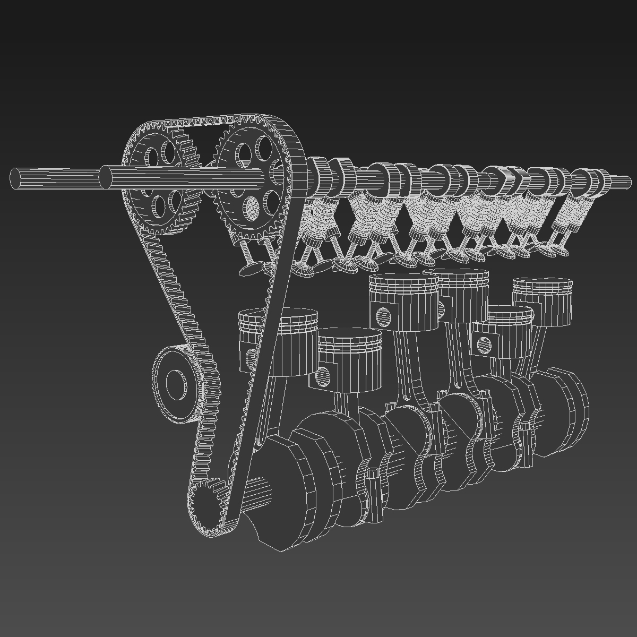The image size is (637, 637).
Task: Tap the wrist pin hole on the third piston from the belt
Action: click(382, 316)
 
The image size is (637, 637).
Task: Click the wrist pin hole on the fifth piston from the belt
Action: click(484, 346)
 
